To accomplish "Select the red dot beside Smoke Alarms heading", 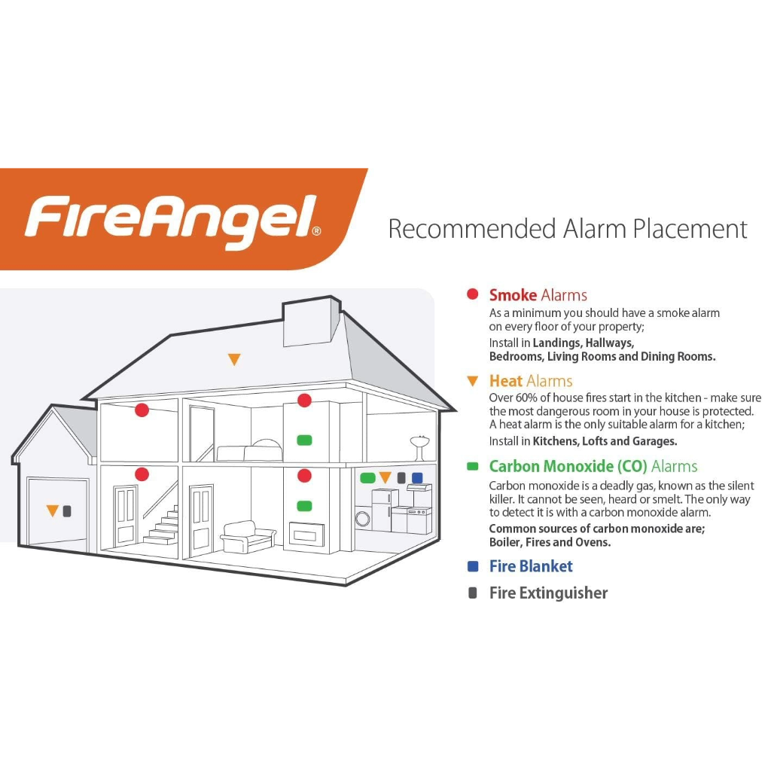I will [x=473, y=294].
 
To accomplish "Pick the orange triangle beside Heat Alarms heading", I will [x=473, y=381].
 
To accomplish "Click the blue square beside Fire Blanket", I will [x=473, y=566].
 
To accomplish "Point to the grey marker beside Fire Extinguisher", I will [x=473, y=593].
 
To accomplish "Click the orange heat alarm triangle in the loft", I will [x=234, y=360].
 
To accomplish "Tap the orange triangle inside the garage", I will [x=52, y=511].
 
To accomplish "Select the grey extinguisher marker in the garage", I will [x=67, y=511].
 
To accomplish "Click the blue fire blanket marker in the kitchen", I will [x=417, y=477].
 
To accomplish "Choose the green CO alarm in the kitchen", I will [x=367, y=477].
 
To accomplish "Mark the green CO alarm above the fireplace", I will [x=304, y=505].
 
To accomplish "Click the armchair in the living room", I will [x=248, y=537].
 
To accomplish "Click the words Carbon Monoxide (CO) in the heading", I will [x=568, y=466].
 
